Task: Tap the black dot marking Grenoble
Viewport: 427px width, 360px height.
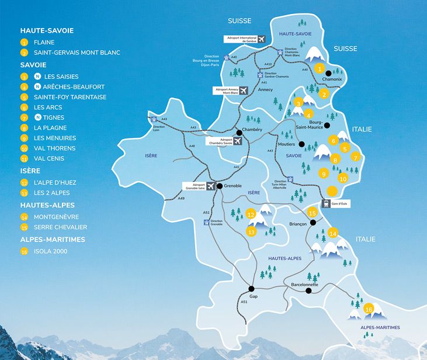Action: [x=220, y=186]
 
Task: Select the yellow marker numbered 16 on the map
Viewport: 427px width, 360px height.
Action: [x=369, y=309]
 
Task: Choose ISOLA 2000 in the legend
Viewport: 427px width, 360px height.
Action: [x=50, y=251]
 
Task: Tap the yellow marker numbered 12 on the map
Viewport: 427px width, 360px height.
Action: [x=252, y=214]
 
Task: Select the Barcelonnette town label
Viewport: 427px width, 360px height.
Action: [x=304, y=285]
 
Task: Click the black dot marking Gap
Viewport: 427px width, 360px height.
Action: [x=251, y=289]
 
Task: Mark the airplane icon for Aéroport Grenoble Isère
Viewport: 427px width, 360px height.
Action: [x=210, y=186]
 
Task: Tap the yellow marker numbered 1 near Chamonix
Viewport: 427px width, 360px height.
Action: [x=319, y=68]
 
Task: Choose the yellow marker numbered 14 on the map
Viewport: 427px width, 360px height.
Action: [x=333, y=233]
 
